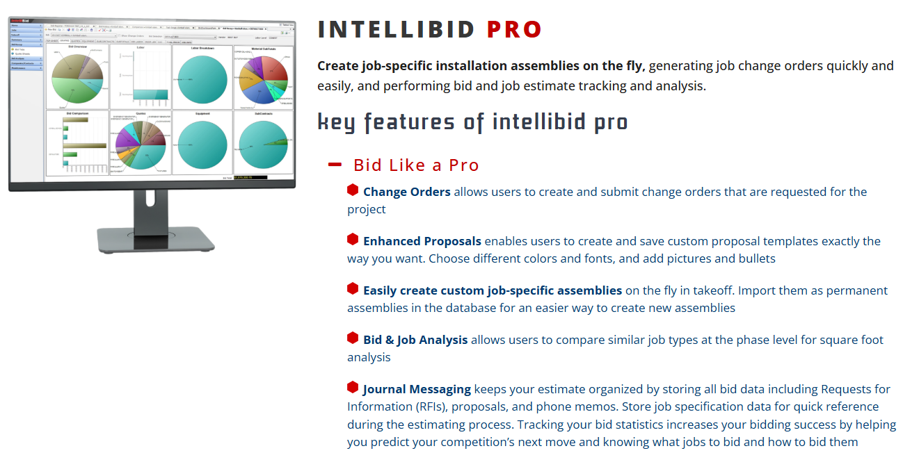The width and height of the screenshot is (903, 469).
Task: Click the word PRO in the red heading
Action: pyautogui.click(x=514, y=30)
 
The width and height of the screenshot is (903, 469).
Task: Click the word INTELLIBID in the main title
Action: pyautogui.click(x=396, y=30)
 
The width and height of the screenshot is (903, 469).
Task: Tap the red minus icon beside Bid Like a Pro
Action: pyautogui.click(x=335, y=165)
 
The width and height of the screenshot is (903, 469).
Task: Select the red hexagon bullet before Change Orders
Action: pyautogui.click(x=353, y=190)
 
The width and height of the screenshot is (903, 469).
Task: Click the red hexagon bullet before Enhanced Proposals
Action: pyautogui.click(x=353, y=240)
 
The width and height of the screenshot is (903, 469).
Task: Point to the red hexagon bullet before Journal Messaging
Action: pyautogui.click(x=353, y=388)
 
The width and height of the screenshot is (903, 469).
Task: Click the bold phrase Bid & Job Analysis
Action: pyautogui.click(x=415, y=340)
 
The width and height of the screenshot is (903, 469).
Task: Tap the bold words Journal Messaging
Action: pyautogui.click(x=417, y=389)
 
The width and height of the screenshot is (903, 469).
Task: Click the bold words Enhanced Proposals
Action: pyautogui.click(x=422, y=241)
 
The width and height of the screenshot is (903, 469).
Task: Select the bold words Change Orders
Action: pyautogui.click(x=406, y=192)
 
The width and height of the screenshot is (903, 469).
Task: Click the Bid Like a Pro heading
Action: pyautogui.click(x=416, y=165)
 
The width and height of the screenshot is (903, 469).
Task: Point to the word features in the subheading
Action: pyautogui.click(x=410, y=122)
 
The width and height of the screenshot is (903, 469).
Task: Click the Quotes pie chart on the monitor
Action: pyautogui.click(x=141, y=145)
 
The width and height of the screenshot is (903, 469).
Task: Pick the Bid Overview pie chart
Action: pyautogui.click(x=77, y=81)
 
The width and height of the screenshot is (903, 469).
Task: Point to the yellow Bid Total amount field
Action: pyautogui.click(x=250, y=178)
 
